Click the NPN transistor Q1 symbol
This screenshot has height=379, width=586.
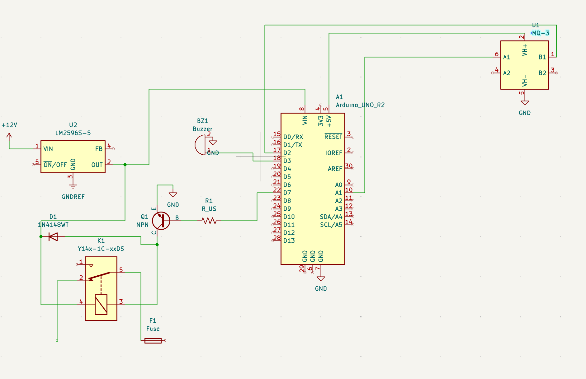click(161, 221)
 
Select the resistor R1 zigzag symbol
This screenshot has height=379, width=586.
click(209, 221)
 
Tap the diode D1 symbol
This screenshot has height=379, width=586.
click(53, 237)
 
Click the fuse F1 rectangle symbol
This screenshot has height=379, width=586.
click(153, 341)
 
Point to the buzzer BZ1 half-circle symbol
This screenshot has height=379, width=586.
click(200, 145)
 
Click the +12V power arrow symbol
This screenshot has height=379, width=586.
click(9, 136)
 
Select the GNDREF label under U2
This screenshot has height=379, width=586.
click(73, 197)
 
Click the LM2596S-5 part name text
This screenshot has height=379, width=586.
click(73, 133)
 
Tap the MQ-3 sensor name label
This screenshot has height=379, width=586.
click(540, 33)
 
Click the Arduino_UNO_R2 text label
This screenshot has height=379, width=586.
click(360, 105)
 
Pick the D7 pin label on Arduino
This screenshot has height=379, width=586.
click(287, 193)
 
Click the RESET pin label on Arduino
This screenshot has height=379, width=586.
click(333, 137)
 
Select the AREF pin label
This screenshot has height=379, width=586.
click(335, 169)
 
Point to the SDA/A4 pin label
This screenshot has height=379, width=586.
click(331, 217)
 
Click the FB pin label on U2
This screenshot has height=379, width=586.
click(99, 149)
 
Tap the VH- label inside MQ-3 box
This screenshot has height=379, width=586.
click(525, 81)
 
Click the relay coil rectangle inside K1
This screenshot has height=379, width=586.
click(101, 305)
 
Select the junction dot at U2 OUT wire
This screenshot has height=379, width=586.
click(125, 165)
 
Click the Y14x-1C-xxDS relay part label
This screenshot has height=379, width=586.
click(101, 249)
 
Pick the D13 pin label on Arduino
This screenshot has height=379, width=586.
click(289, 241)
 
